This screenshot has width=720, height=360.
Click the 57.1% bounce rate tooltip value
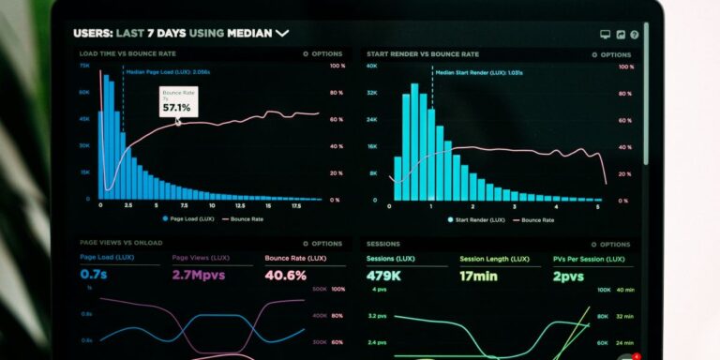176,108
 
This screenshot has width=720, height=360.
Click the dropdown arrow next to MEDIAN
281,33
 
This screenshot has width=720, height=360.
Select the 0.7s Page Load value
93,276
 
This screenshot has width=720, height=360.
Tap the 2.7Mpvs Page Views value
201,276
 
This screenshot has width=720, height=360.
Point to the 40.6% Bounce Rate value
285,276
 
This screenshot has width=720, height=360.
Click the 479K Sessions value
385,276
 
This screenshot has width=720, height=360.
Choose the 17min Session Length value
479,276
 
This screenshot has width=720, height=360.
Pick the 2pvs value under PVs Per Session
567,276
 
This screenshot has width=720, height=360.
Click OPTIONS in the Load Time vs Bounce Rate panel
323,54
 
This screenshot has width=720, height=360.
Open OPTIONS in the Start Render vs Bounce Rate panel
612,54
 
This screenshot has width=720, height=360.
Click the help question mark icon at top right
635,35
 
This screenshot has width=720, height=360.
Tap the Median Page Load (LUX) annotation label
169,71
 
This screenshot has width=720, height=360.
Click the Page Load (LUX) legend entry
192,218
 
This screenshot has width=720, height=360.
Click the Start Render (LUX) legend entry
479,219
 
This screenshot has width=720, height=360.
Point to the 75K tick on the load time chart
84,67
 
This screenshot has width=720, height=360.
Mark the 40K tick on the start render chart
371,67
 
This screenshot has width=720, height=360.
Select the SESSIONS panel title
383,243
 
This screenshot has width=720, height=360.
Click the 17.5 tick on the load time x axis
296,204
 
